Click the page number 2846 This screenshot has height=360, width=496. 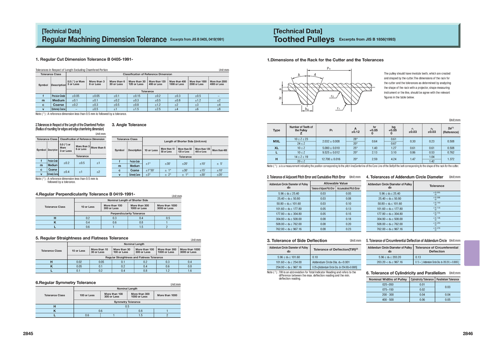point(468,334)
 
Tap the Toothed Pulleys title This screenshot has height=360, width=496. point(304,40)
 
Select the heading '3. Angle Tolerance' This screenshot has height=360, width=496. point(129,125)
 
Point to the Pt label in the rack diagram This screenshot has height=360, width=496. point(329,69)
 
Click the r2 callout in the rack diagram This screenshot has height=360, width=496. point(332,96)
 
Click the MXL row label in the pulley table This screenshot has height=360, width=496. point(277,141)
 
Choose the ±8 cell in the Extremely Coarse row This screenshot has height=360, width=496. point(219,109)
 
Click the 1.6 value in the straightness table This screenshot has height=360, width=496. point(190,271)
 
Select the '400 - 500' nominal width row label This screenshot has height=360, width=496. point(388,300)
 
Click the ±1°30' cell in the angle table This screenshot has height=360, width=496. point(150,170)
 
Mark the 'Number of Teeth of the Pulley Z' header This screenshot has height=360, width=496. point(301,130)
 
